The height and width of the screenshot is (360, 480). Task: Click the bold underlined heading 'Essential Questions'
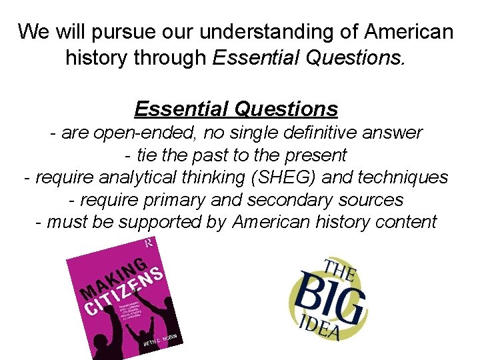click(236, 108)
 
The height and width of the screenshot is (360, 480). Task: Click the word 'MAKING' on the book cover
click(114, 277)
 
